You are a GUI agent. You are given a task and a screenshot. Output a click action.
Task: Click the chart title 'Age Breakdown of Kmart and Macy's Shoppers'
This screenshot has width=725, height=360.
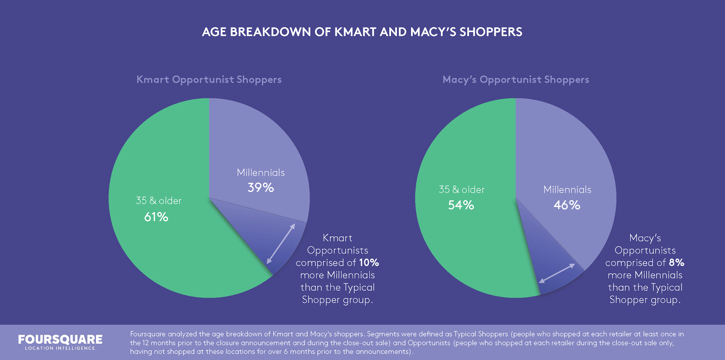coord(362,32)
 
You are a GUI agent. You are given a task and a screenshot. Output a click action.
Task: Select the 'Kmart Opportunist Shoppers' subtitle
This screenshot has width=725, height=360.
coord(209,80)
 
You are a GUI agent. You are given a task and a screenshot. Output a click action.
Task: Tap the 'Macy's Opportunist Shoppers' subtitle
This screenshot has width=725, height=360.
coord(516,80)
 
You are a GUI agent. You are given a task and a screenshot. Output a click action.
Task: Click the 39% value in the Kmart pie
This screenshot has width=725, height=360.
coord(261,187)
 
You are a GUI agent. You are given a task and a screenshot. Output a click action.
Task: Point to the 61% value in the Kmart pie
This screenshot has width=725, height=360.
coord(156,217)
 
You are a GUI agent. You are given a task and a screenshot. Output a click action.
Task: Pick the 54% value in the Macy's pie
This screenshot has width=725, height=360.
coord(461,205)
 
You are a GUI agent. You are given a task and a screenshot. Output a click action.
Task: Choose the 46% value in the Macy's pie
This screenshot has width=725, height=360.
coord(567,205)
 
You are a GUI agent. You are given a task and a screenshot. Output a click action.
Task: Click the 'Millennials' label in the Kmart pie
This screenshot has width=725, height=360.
coord(261,173)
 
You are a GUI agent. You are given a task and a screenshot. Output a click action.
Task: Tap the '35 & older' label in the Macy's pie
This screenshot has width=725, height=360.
coord(461,190)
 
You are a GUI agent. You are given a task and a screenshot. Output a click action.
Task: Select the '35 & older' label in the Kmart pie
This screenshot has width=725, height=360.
coord(159,201)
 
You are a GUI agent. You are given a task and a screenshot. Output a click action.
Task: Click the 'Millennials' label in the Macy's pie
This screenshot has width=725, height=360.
coord(567,190)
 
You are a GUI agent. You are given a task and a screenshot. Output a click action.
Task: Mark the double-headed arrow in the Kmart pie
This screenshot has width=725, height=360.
coord(281,244)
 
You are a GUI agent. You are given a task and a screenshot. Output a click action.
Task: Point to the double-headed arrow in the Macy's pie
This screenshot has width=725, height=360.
coord(557,273)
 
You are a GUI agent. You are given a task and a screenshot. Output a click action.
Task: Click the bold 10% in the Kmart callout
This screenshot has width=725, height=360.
coord(369,263)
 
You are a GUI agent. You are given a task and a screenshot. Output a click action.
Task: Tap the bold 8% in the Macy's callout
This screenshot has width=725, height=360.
coord(677,263)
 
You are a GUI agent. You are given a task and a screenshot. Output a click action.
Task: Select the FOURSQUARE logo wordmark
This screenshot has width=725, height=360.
coord(60,339)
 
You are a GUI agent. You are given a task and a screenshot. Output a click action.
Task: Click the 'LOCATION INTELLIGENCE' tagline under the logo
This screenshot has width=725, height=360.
coord(60,348)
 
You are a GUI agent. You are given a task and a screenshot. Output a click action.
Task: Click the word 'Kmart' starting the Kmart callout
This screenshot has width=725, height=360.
coord(337,238)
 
